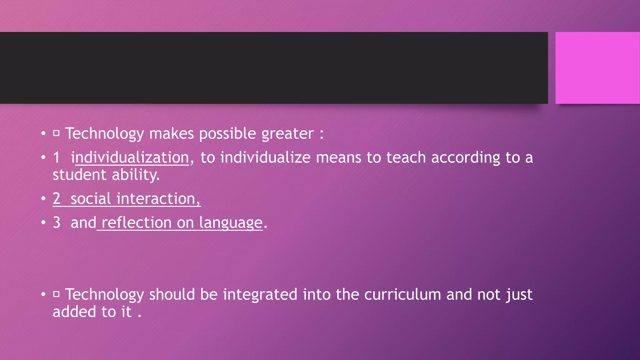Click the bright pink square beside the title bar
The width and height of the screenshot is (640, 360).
tap(597, 68)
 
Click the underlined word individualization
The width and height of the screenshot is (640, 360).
tap(130, 157)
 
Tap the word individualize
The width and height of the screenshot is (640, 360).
tap(265, 157)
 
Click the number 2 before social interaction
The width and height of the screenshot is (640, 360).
tap(57, 199)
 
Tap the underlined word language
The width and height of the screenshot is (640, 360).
tap(231, 223)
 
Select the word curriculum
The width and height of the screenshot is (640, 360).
tap(402, 294)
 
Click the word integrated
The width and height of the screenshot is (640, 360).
tap(260, 295)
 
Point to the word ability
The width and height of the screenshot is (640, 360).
tap(136, 175)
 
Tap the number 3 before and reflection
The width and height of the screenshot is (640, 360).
tap(57, 222)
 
